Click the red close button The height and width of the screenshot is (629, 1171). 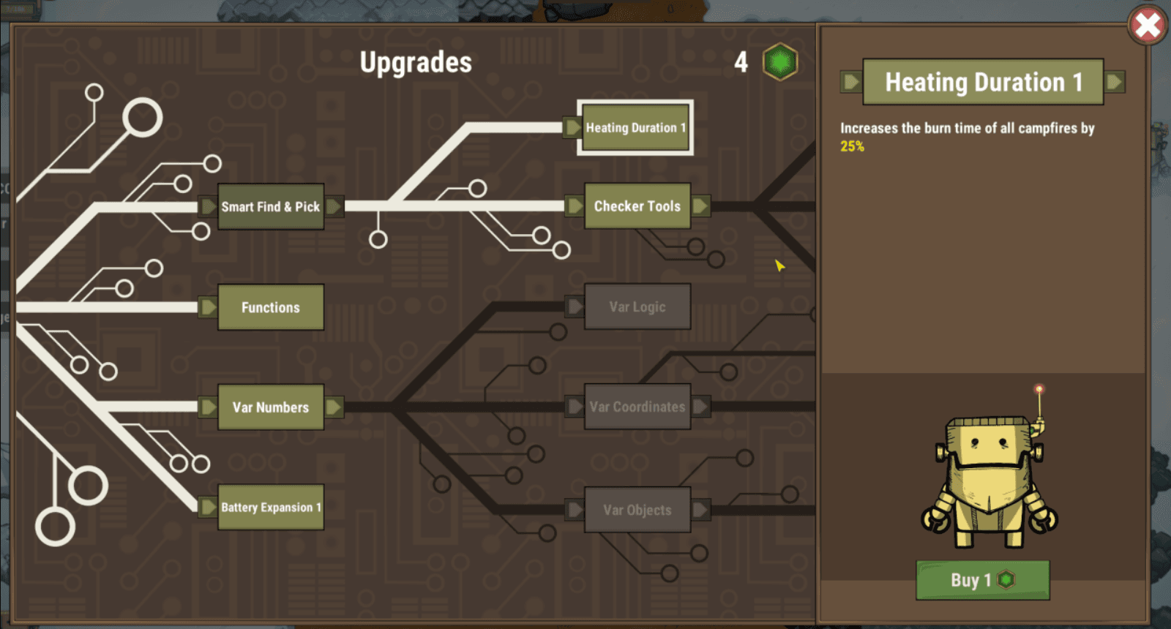pos(1147,25)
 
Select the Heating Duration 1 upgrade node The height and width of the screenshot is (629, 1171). pos(635,127)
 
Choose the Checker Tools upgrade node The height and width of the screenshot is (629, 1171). pos(637,206)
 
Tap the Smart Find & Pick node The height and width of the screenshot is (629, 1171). pos(271,206)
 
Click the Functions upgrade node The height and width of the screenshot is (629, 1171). pos(271,307)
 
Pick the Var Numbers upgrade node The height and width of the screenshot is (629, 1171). pos(271,407)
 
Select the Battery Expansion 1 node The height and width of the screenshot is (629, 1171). pos(271,508)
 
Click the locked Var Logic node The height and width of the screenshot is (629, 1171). pos(637,306)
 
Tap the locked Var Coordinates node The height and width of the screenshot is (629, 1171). pos(637,407)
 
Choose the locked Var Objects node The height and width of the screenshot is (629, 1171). pos(637,510)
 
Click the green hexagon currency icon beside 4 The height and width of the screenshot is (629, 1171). pos(780,61)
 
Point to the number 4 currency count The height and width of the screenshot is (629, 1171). pos(741,63)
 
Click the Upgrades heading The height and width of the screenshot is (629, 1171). pos(416,62)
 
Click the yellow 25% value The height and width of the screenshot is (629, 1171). pos(852,147)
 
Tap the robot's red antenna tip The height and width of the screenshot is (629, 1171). pos(1039,388)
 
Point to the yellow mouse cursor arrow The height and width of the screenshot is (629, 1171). pos(779,265)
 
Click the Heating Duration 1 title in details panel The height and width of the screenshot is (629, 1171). pos(984,82)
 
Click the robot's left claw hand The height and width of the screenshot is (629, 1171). pos(937,519)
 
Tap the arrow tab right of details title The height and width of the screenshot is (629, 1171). pos(1115,81)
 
